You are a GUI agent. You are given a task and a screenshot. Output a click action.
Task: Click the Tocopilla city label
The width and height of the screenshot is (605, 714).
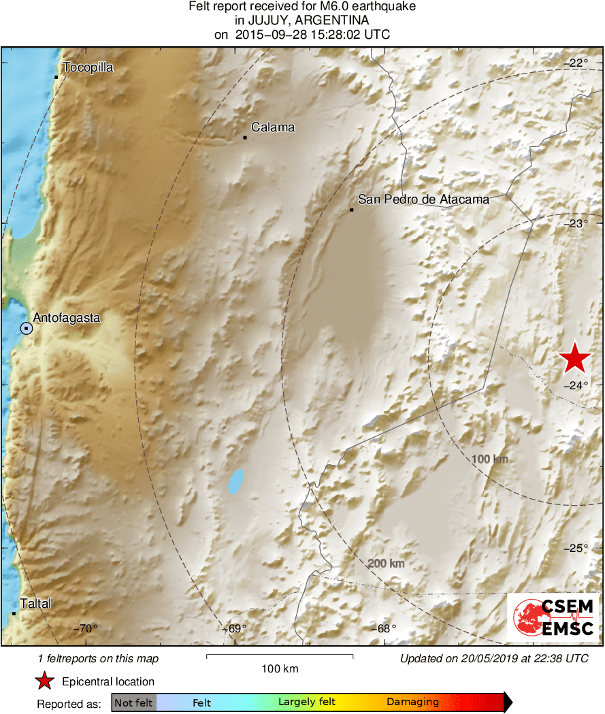pyautogui.click(x=88, y=67)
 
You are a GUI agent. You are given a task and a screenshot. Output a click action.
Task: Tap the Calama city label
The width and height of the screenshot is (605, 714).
pyautogui.click(x=273, y=127)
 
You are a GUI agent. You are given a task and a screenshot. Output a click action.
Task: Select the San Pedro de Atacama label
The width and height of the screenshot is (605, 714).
pyautogui.click(x=423, y=199)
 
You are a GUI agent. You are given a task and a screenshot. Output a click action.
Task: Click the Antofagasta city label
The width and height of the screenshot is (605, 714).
pyautogui.click(x=66, y=318)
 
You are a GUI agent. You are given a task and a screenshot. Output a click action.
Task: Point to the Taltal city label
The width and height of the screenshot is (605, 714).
pyautogui.click(x=35, y=604)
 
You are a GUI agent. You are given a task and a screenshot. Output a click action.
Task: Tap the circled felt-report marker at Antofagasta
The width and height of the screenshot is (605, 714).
pyautogui.click(x=26, y=329)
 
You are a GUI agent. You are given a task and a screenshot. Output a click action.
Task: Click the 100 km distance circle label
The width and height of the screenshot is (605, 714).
pyautogui.click(x=490, y=459)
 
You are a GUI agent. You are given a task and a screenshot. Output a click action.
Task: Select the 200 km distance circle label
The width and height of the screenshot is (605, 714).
pyautogui.click(x=386, y=564)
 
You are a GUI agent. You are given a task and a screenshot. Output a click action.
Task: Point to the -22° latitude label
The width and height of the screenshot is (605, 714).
pyautogui.click(x=578, y=63)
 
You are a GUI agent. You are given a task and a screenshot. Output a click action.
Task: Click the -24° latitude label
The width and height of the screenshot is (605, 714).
pyautogui.click(x=578, y=385)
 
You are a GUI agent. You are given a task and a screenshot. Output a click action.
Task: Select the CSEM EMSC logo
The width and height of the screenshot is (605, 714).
pyautogui.click(x=553, y=617)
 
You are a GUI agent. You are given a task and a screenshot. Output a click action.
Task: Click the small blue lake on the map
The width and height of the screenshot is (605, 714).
pyautogui.click(x=235, y=481)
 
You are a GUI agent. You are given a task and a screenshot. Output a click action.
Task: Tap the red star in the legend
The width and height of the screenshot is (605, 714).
pyautogui.click(x=45, y=681)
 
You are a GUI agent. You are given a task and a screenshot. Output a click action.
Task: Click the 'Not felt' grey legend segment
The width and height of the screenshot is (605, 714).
pyautogui.click(x=133, y=702)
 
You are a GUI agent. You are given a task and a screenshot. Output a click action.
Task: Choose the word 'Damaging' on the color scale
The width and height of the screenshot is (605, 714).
pyautogui.click(x=412, y=702)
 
